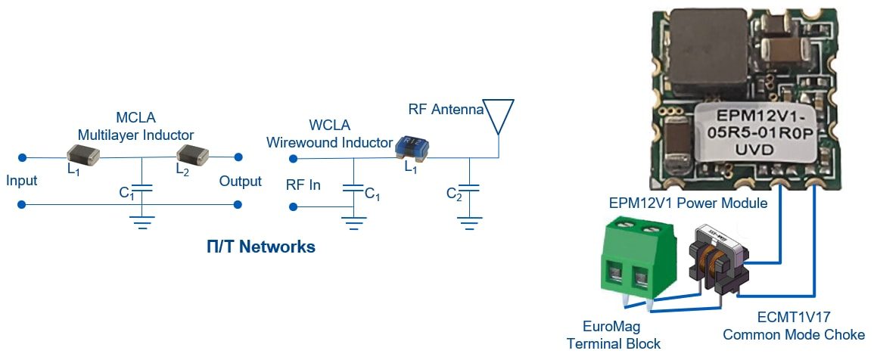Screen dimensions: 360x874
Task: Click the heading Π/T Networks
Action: coord(261,247)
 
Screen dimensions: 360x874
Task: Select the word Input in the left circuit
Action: coord(21,182)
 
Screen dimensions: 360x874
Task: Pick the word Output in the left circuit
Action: coord(240,182)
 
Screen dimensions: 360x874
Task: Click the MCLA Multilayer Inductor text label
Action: coord(135,126)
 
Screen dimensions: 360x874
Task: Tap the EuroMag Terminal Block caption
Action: coord(613,336)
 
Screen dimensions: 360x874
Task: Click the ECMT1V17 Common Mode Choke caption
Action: coord(793,327)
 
